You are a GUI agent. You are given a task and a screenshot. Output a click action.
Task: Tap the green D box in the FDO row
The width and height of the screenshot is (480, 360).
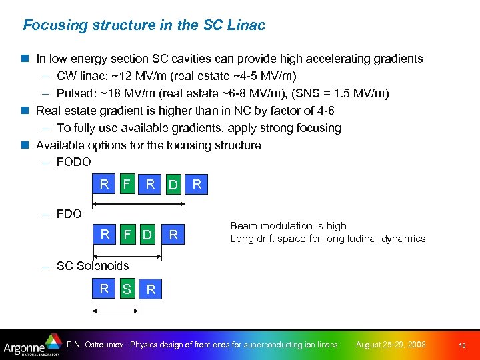click(x=148, y=235)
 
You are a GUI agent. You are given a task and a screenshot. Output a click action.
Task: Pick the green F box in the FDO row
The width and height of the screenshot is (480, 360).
click(x=127, y=235)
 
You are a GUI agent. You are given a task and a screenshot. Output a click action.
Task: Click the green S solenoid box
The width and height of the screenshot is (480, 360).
click(x=127, y=289)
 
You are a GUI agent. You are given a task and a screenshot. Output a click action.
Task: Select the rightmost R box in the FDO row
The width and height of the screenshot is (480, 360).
click(x=173, y=235)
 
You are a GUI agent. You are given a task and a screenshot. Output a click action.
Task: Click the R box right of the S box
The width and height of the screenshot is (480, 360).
click(x=151, y=289)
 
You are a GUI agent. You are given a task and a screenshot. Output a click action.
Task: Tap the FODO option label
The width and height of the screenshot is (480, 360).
click(x=73, y=162)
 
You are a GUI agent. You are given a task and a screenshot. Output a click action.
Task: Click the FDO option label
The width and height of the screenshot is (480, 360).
click(x=69, y=214)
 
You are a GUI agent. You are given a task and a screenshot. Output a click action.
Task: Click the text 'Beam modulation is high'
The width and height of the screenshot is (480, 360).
click(x=288, y=226)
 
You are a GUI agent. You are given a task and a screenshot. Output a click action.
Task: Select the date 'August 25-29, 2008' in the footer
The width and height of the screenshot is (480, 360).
click(x=391, y=345)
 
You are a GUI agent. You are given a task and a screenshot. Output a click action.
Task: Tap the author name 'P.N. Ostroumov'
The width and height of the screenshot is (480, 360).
click(x=96, y=345)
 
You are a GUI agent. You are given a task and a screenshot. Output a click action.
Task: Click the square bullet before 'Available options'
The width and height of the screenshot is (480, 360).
click(x=27, y=145)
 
